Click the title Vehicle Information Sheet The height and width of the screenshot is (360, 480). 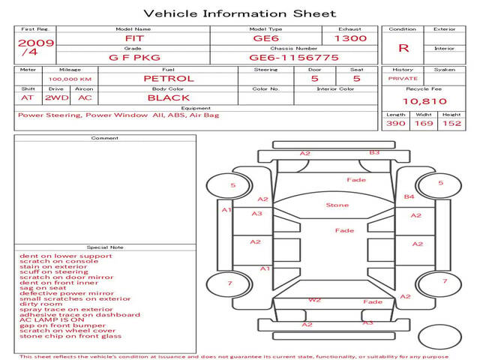click(239, 13)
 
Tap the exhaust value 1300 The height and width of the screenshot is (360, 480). click(350, 38)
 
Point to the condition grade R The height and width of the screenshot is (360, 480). click(403, 48)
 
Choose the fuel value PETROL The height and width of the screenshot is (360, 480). click(169, 78)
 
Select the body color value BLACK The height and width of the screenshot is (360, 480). click(169, 97)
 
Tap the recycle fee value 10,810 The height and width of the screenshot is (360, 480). click(424, 100)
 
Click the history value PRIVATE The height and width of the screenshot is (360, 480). click(403, 78)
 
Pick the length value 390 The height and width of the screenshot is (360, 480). click(395, 124)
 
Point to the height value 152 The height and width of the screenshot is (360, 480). click(451, 124)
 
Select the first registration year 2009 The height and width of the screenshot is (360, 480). click(35, 43)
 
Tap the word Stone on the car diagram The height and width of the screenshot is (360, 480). click(337, 205)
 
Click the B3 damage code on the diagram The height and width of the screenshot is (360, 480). click(374, 152)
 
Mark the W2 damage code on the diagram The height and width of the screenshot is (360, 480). click(315, 300)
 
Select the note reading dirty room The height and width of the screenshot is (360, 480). click(41, 304)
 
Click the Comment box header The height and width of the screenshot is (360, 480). click(104, 138)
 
